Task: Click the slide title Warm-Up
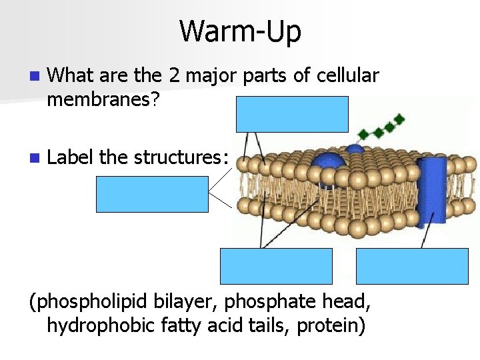(240, 31)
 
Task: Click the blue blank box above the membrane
(292, 114)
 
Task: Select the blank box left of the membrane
(152, 194)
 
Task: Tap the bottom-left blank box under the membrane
(276, 266)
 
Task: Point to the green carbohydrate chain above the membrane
(379, 129)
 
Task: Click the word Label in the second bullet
(71, 157)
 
